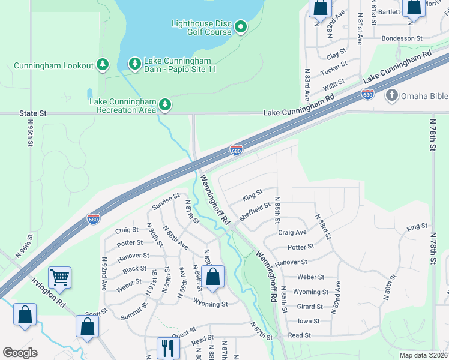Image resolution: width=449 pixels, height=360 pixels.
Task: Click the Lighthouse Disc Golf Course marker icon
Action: click(x=241, y=27)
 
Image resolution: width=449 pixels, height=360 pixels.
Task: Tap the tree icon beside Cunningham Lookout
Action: click(x=103, y=64)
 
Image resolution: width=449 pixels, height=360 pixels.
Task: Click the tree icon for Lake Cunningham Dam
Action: click(x=135, y=64)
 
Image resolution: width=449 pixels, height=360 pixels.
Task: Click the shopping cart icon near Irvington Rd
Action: click(x=59, y=277)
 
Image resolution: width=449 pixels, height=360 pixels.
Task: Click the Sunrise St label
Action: click(x=166, y=202)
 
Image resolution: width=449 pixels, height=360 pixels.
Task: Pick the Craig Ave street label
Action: click(x=292, y=232)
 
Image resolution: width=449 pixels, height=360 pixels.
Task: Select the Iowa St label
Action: click(x=309, y=321)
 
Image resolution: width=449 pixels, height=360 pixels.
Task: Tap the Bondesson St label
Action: click(x=402, y=38)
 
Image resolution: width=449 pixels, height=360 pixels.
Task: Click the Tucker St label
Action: click(x=334, y=68)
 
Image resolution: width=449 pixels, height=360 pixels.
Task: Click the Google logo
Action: click(x=20, y=353)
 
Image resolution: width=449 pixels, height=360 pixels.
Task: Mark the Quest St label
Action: click(x=184, y=331)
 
